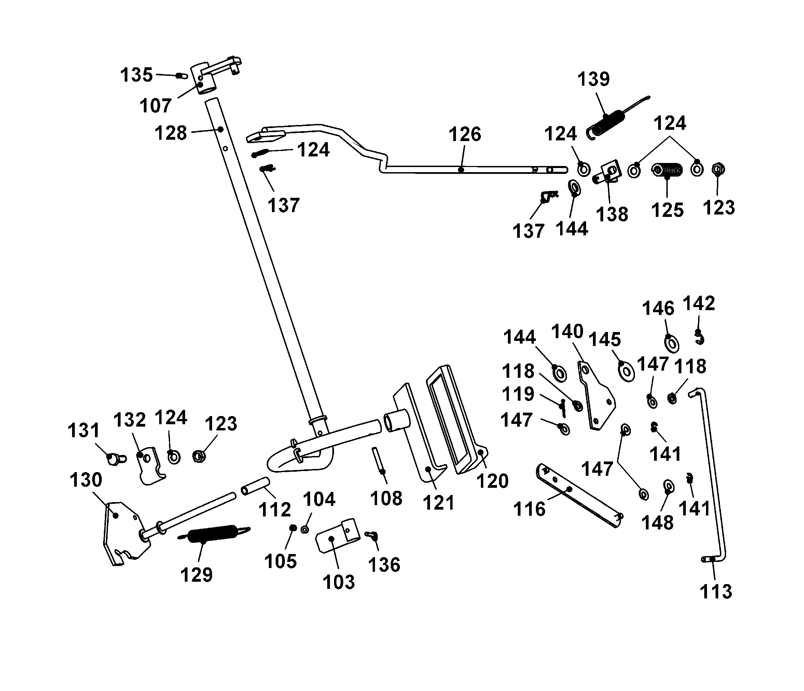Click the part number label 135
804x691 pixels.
136,75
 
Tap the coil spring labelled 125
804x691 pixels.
667,170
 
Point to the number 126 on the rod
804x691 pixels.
465,135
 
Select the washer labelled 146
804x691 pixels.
671,343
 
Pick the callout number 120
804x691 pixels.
492,481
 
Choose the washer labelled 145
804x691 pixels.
625,371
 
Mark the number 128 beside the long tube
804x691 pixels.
170,133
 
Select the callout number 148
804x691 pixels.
657,523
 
